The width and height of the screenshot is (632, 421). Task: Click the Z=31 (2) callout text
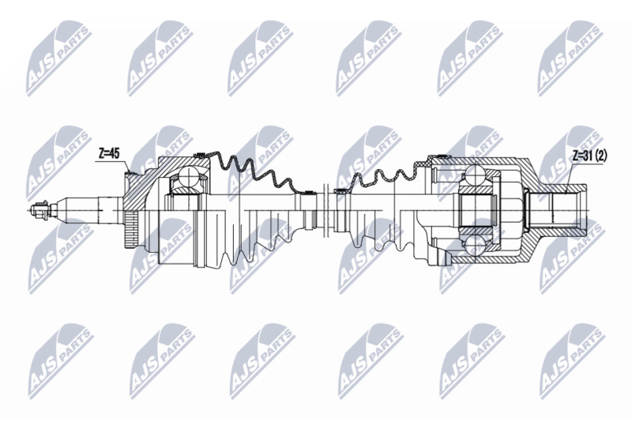point(588,156)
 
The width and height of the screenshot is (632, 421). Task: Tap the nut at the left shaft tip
point(37,211)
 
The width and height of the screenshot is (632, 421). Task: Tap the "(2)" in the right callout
point(602,156)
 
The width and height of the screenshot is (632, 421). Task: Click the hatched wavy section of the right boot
point(379,178)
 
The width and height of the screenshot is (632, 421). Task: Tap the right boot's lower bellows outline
point(379,241)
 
